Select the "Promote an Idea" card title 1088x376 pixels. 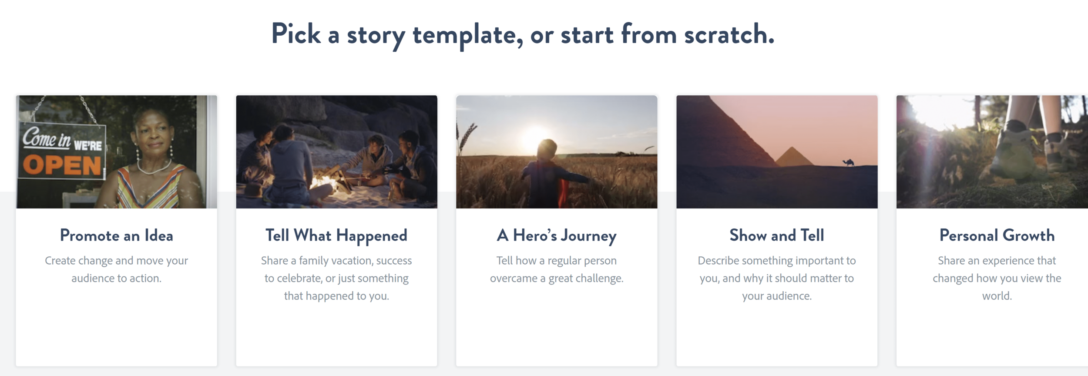[117, 235]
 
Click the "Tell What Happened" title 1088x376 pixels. [336, 235]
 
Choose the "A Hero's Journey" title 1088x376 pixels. [557, 235]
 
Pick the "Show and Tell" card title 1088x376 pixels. [777, 235]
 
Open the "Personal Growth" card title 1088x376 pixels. [997, 235]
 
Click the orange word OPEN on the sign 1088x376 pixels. [62, 166]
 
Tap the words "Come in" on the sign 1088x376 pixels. [47, 138]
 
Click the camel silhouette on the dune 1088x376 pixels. [849, 163]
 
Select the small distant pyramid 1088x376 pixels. [794, 157]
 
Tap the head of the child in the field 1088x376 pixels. [547, 150]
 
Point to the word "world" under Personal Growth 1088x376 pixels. [997, 296]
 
